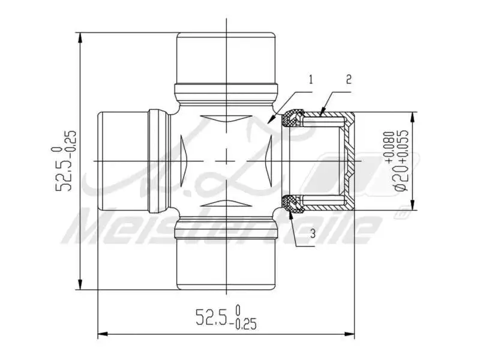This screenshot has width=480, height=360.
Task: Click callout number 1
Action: pyautogui.click(x=310, y=79)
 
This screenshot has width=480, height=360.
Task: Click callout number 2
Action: pyautogui.click(x=349, y=79)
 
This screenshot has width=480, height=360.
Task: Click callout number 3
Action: pyautogui.click(x=313, y=233)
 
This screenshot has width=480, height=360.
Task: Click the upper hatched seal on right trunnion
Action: pyautogui.click(x=293, y=118)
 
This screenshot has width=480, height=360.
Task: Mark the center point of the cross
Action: pyautogui.click(x=226, y=161)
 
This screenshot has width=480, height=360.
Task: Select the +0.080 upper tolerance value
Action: pyautogui.click(x=390, y=148)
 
